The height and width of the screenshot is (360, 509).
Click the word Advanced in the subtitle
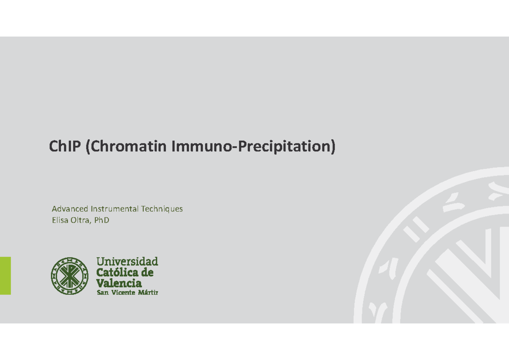coord(70,209)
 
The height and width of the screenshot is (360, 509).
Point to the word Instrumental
coord(114,209)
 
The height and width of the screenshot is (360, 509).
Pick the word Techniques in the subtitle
coord(162,209)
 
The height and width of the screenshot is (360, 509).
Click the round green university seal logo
coord(70,276)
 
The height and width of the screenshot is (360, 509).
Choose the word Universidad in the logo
coord(127,261)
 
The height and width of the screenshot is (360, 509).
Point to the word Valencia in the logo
coord(119,283)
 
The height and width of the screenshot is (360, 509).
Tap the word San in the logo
coord(103,293)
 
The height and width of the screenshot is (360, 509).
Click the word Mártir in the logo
coord(148,293)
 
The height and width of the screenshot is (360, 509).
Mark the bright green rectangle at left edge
coord(5,276)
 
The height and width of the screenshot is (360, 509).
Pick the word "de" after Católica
coord(147,272)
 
